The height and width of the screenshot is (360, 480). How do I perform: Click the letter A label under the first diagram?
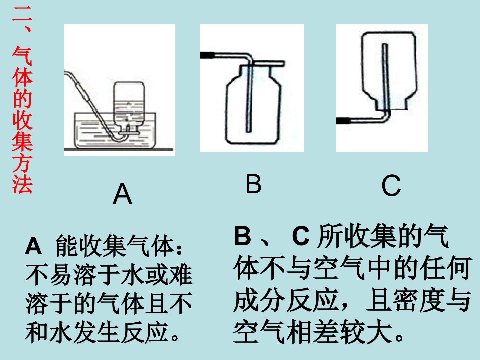[x=122, y=193]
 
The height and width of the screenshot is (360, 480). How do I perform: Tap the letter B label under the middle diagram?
[x=253, y=184]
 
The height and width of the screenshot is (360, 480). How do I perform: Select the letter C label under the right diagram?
[x=391, y=185]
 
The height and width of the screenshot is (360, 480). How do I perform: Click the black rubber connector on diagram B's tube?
[x=207, y=55]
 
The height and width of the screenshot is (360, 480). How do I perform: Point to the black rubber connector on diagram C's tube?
[x=343, y=121]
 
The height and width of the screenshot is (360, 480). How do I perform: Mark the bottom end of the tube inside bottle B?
[x=248, y=132]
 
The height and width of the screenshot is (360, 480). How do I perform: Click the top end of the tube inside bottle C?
[x=385, y=44]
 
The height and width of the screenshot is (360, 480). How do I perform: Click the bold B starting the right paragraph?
[x=242, y=236]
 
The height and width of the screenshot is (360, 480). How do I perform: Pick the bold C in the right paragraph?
[x=301, y=236]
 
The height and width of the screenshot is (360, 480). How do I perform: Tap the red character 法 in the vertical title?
[x=22, y=184]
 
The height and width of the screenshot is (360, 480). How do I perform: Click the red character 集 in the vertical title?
[x=22, y=141]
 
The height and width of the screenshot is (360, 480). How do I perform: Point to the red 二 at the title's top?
[x=22, y=14]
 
